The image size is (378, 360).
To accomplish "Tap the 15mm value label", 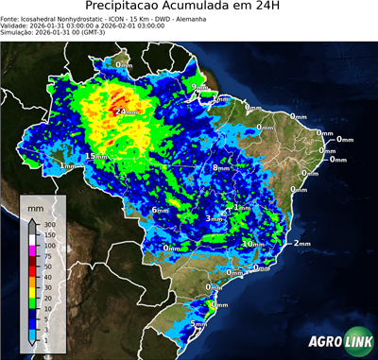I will point(96,156).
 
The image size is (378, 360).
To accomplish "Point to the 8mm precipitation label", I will point(222,168).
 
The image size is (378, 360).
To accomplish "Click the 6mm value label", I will point(161,210).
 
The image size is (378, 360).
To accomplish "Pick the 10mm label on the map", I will point(252,244).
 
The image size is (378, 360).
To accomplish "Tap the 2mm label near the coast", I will point(302,244).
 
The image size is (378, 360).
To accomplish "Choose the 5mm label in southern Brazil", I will point(199,325).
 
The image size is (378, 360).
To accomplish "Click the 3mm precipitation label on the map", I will point(215,218).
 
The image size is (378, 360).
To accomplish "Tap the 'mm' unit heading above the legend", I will point(36,206).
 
